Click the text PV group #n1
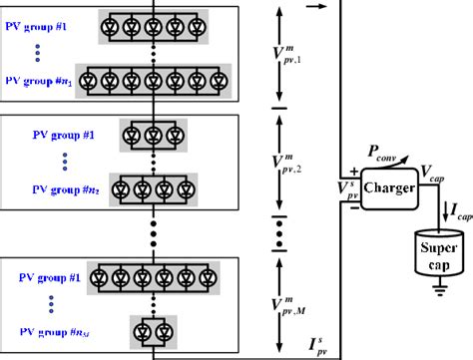click(x=43, y=78)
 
